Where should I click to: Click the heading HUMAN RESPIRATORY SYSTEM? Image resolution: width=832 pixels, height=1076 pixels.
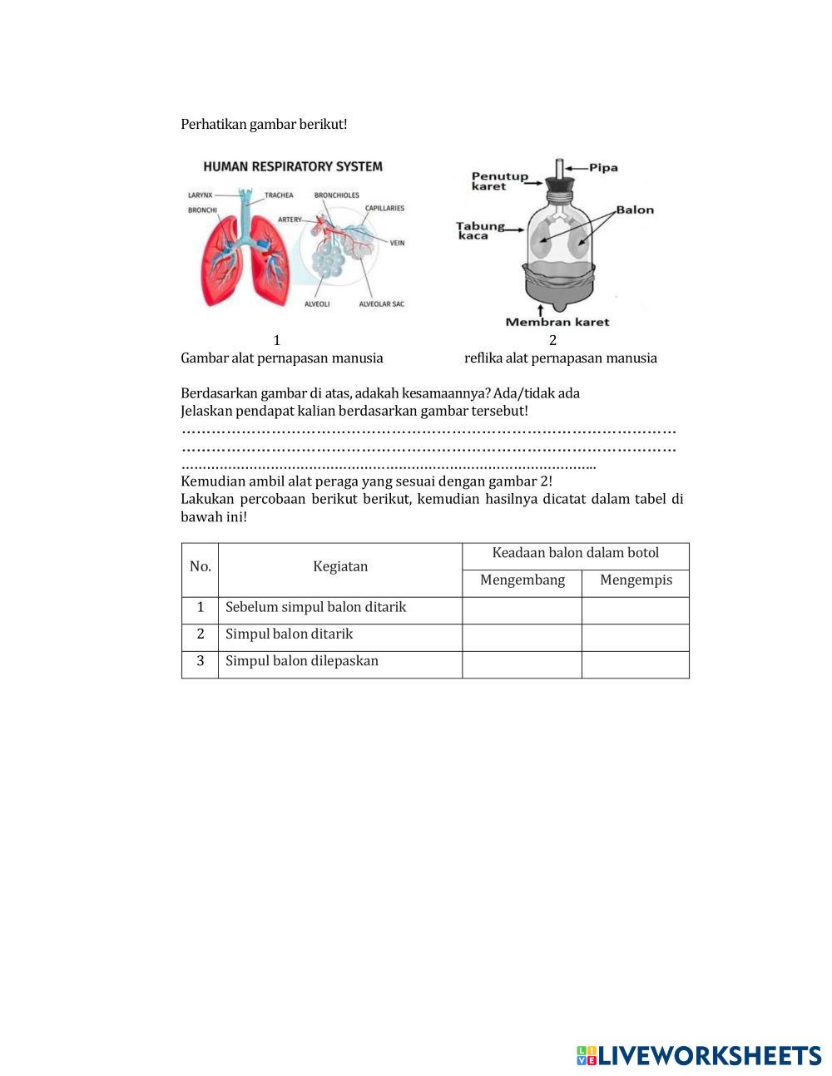(x=293, y=166)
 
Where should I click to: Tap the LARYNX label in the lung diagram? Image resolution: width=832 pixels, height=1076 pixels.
(x=200, y=195)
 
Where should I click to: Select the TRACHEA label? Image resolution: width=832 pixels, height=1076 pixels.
(x=279, y=195)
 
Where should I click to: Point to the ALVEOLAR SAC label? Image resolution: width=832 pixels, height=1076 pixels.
(x=381, y=304)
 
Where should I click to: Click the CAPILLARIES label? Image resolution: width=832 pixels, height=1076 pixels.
(x=384, y=208)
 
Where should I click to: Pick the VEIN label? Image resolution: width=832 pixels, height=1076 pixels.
(x=397, y=243)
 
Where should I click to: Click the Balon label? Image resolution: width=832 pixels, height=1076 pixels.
(x=635, y=210)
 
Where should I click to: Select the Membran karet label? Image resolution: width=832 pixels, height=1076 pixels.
(x=557, y=322)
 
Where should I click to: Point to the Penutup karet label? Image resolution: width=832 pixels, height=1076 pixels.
(x=499, y=181)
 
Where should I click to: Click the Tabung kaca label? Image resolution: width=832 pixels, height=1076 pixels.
(x=479, y=230)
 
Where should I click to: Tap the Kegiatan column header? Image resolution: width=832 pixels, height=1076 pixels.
(x=340, y=566)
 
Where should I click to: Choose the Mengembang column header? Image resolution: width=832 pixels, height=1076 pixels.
(x=522, y=580)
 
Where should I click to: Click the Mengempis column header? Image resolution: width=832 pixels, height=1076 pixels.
(x=636, y=580)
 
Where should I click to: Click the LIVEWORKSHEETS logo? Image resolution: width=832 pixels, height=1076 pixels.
(x=699, y=1055)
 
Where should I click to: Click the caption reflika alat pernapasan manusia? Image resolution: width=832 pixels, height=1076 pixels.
(x=561, y=358)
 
